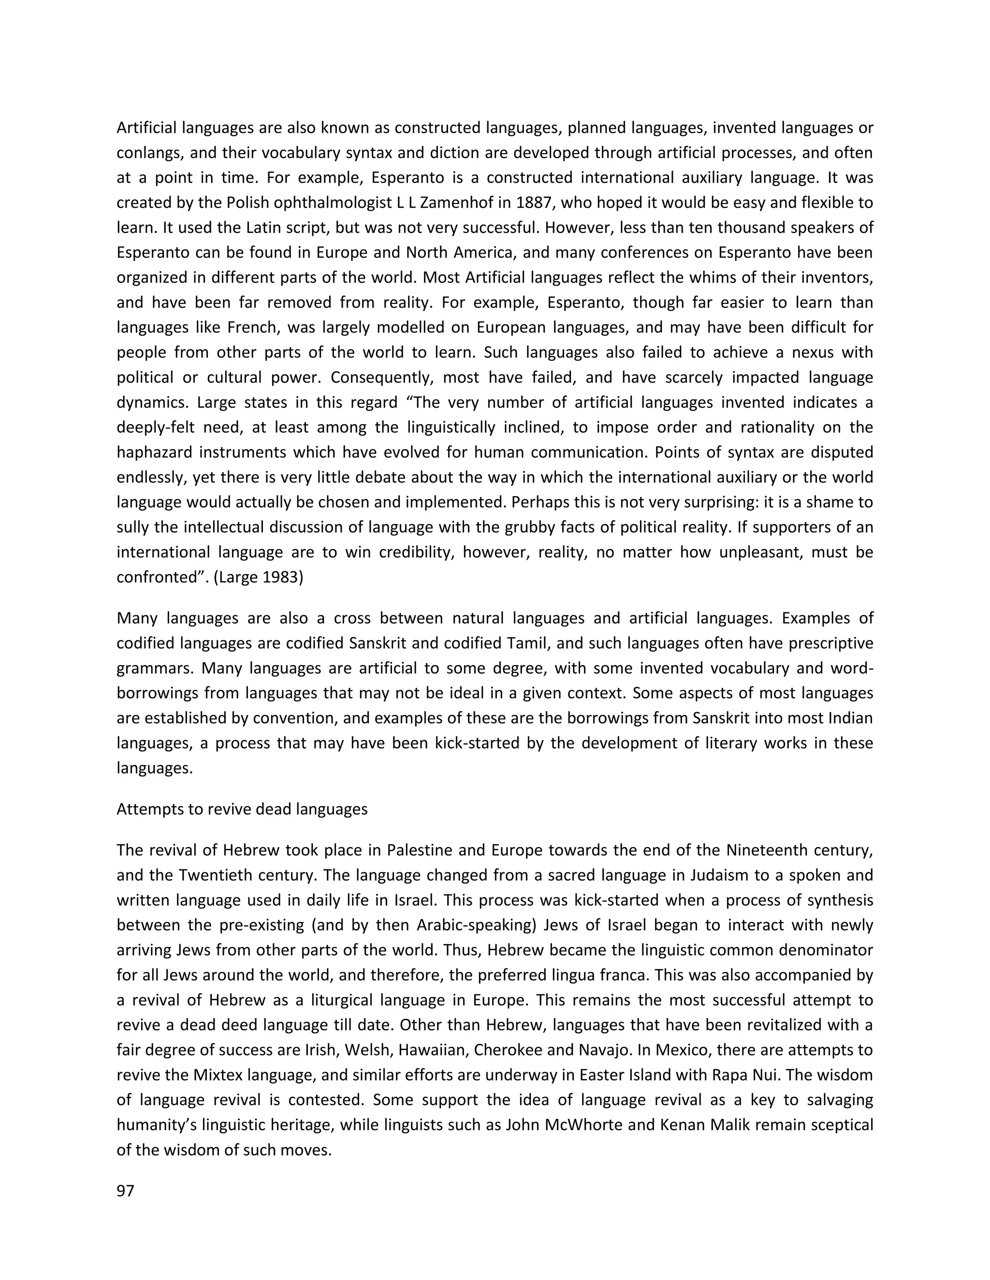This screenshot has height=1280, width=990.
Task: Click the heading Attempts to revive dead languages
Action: tap(242, 810)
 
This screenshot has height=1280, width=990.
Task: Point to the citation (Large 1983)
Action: tap(258, 577)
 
